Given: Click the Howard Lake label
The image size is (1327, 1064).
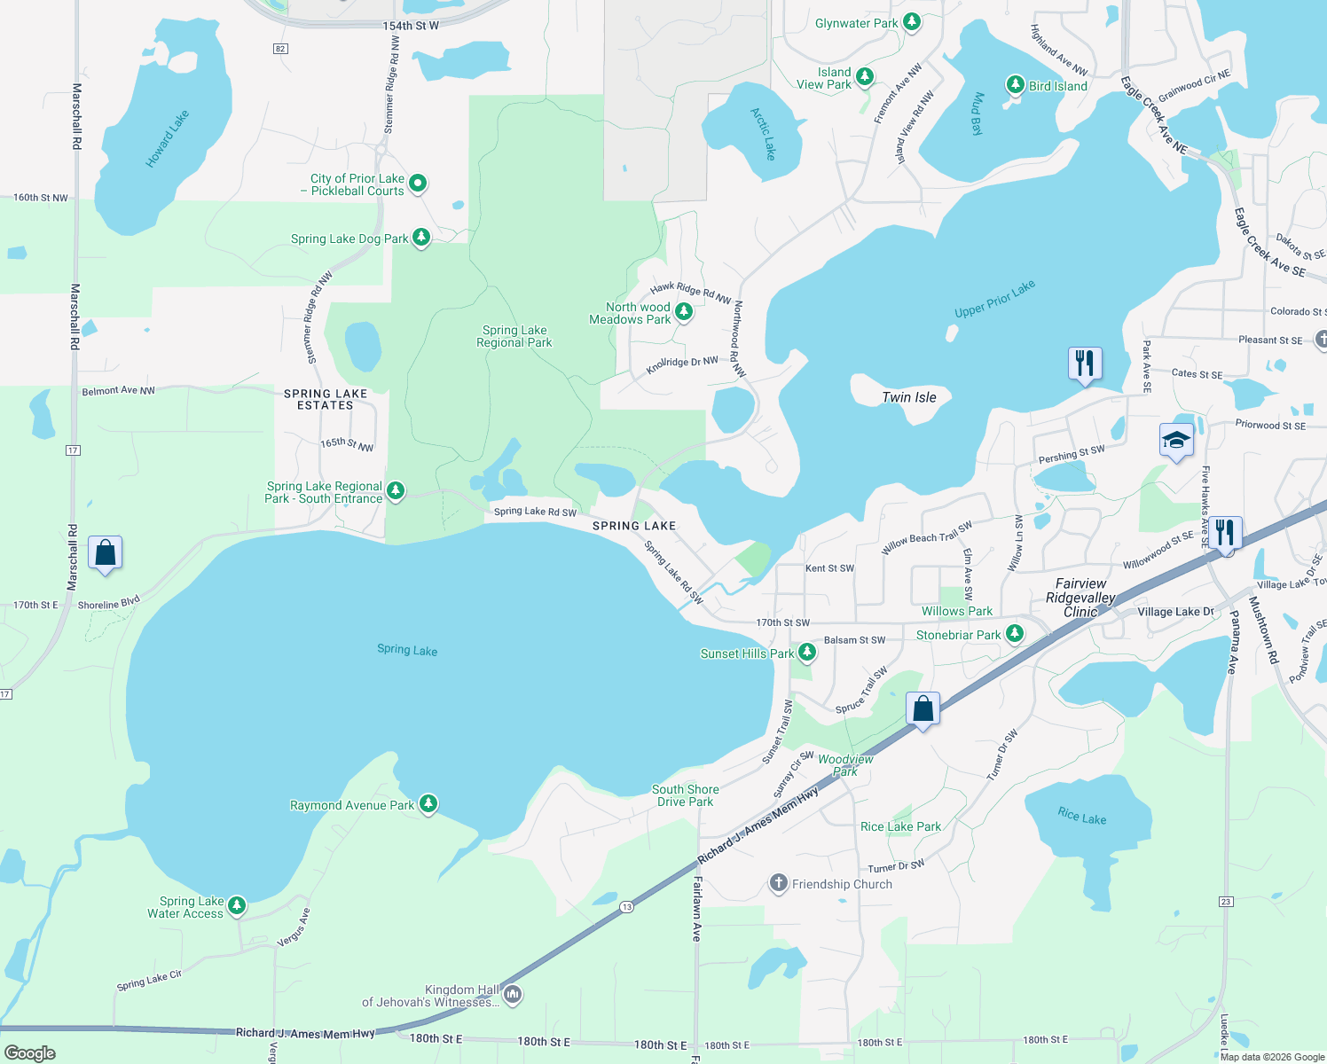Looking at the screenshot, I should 168,139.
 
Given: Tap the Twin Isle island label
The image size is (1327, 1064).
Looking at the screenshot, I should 908,397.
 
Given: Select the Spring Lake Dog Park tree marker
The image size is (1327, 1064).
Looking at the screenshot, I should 421,238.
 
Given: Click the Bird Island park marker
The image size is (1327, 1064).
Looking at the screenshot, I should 1016,85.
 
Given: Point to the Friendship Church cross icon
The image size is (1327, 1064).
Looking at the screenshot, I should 778,883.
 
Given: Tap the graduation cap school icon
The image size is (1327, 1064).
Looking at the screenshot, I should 1176,441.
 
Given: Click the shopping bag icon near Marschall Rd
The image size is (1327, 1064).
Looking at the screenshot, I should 106,553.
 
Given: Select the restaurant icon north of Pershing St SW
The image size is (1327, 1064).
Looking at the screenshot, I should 1085,364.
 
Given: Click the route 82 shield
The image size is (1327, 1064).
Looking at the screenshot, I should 280,49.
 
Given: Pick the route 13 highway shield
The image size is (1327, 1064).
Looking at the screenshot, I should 627,907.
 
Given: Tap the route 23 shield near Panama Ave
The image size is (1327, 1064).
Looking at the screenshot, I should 1226,902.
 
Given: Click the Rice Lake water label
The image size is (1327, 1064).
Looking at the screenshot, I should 1081,816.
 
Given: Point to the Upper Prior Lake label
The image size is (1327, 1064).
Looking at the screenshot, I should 994,300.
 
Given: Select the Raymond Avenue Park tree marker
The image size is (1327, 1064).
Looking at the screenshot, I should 428,804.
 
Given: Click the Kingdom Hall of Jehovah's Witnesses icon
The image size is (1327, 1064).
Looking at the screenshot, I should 513,996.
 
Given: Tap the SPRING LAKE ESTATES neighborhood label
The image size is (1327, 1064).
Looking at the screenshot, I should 326,399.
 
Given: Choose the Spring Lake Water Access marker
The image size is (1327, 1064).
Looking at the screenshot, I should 236,906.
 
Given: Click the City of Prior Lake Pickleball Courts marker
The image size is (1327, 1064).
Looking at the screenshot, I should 418,184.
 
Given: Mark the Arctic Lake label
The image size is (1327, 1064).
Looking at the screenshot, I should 763,134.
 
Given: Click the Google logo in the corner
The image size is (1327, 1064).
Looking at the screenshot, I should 30,1052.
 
